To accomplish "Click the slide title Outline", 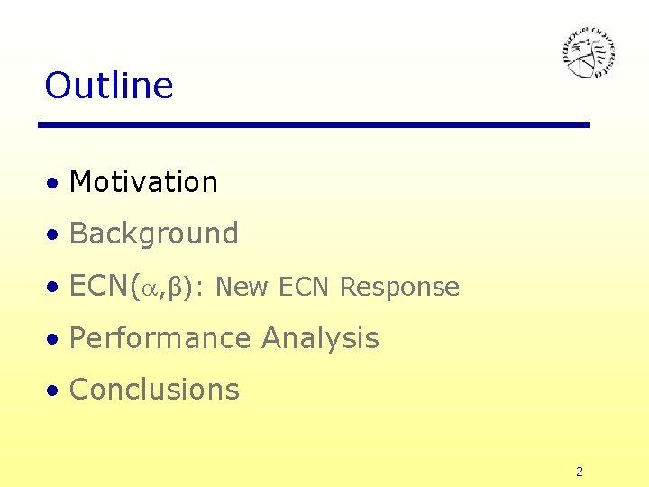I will (109, 86).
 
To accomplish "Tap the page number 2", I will (580, 472).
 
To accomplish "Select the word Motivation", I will (143, 182).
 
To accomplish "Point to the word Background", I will (154, 234).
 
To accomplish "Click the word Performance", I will (160, 339).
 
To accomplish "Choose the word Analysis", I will (320, 339).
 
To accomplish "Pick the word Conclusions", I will (154, 390).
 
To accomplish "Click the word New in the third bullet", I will (242, 288).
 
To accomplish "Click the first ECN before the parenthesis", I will (99, 287).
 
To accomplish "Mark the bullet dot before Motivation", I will (55, 184).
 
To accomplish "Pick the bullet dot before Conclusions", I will (55, 391).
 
